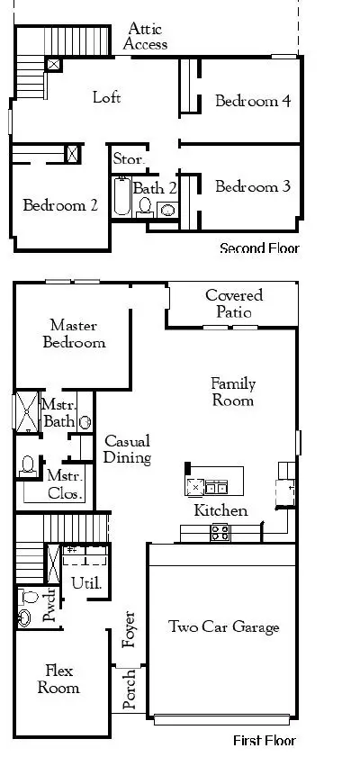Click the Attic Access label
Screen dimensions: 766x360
(x=145, y=36)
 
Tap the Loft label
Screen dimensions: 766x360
(x=106, y=97)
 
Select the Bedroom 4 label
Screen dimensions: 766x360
(x=252, y=101)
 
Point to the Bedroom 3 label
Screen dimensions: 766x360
(x=252, y=187)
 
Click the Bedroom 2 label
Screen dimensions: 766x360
(x=60, y=205)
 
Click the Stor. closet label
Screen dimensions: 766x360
(x=129, y=159)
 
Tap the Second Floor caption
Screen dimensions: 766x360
(x=259, y=248)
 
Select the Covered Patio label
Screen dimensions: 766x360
(x=234, y=303)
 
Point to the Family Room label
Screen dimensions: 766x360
(x=232, y=392)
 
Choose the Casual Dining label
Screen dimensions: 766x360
(x=127, y=449)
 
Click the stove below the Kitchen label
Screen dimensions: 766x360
(x=220, y=532)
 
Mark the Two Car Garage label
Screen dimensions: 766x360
(x=224, y=627)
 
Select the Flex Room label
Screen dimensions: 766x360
(x=58, y=680)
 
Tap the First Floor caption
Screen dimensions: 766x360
(x=264, y=741)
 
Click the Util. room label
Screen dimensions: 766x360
(x=86, y=582)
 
